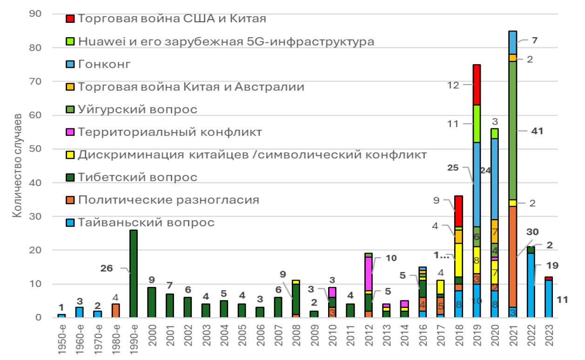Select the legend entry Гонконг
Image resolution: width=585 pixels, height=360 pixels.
tap(104, 64)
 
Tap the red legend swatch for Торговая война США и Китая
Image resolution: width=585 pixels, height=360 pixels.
tap(70, 19)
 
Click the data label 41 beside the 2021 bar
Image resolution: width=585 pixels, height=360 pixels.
tap(537, 131)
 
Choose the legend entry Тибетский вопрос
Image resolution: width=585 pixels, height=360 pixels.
tap(137, 177)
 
